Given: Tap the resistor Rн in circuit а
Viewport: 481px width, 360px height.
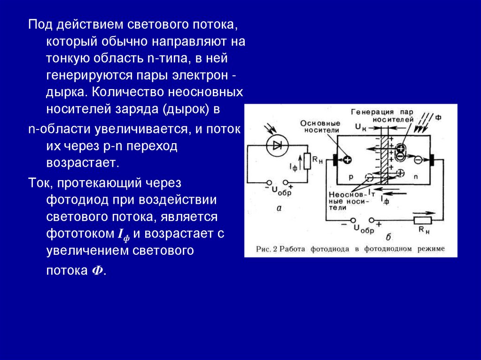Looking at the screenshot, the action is pyautogui.click(x=307, y=161).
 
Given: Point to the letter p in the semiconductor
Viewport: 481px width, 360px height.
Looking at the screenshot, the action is pyautogui.click(x=350, y=177).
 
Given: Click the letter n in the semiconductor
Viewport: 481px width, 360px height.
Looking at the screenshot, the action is pyautogui.click(x=415, y=177).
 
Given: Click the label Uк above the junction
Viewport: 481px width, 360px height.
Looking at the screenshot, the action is pyautogui.click(x=360, y=127).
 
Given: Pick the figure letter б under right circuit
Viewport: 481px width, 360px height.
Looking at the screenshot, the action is pyautogui.click(x=389, y=237).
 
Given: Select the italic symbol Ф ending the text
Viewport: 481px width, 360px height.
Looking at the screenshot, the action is pyautogui.click(x=98, y=271).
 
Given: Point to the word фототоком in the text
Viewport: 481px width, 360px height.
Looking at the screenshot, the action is pyautogui.click(x=79, y=233).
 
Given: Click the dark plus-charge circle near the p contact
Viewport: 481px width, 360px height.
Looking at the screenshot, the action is pyautogui.click(x=347, y=160).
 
